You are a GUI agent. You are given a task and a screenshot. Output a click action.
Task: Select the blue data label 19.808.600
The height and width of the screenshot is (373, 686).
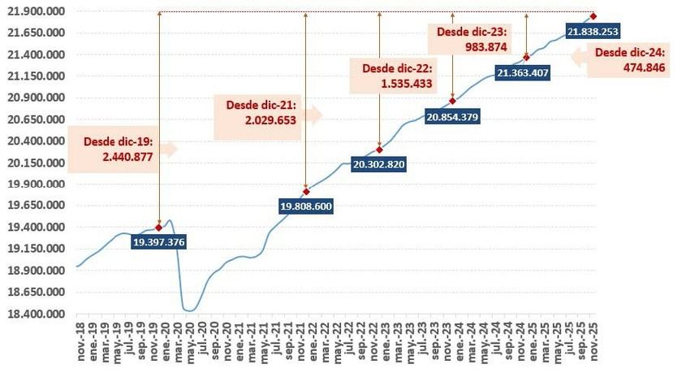click(306, 207)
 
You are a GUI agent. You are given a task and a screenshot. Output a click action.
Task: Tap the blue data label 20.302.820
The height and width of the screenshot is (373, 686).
click(379, 164)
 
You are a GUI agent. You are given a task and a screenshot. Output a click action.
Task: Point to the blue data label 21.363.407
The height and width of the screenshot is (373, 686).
click(524, 73)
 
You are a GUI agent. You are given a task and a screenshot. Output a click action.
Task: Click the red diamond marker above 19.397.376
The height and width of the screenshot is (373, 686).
click(158, 228)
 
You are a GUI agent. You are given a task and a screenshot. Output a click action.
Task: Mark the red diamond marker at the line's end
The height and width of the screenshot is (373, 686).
click(593, 16)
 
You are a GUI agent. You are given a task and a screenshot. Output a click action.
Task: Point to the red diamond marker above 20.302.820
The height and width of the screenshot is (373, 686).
click(379, 150)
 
